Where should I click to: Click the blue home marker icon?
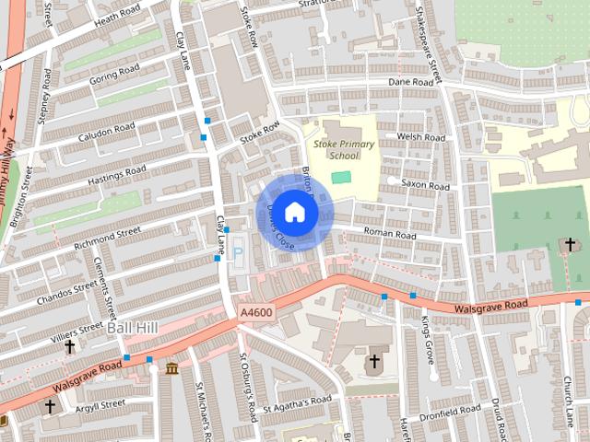point(294,212)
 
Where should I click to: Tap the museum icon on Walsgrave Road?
point(172,369)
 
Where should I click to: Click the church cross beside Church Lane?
point(570,244)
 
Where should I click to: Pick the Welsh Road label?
point(420,137)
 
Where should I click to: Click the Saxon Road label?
point(425,186)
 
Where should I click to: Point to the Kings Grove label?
point(426,339)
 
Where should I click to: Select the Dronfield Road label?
point(449,407)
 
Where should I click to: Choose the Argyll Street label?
point(100,404)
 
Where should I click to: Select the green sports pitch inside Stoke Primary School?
point(342,177)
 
